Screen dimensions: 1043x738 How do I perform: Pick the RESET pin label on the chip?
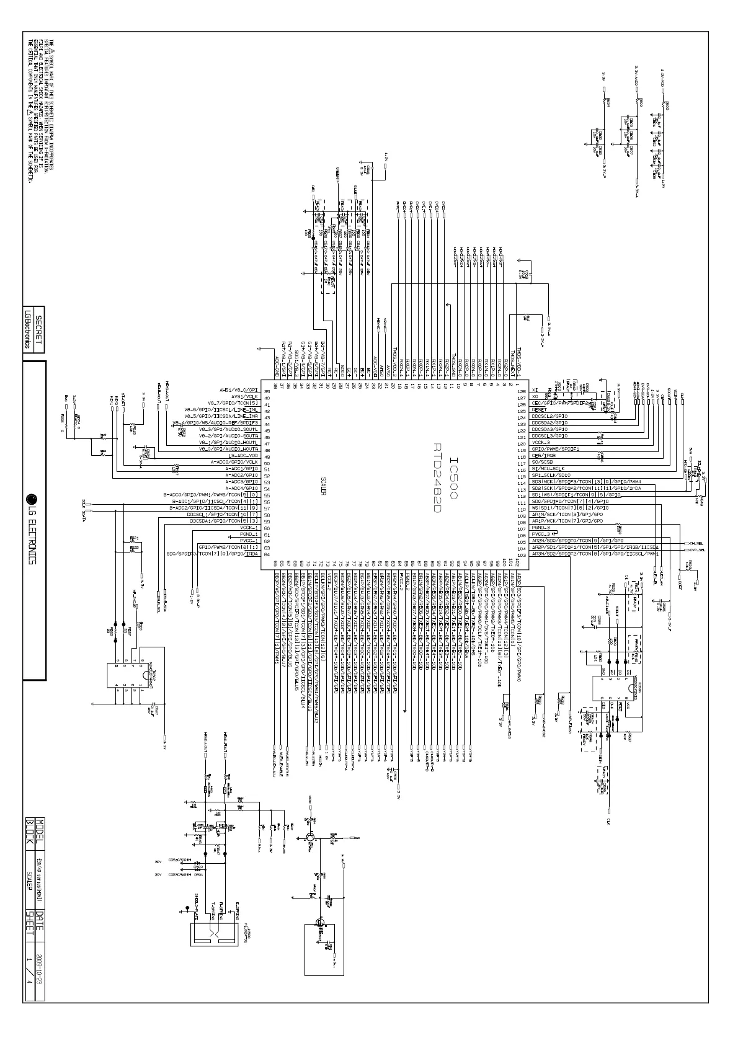coord(540,410)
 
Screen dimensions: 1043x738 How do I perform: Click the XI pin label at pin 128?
coord(535,391)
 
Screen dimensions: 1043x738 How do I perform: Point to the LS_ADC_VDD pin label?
coord(243,456)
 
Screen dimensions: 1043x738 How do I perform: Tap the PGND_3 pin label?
coord(541,527)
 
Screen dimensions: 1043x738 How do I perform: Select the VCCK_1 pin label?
coord(248,528)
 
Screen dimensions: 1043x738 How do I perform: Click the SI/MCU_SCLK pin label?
coord(547,468)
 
